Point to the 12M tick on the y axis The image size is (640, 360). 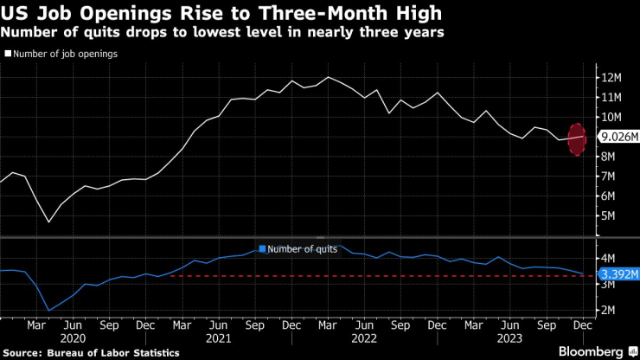point(611,78)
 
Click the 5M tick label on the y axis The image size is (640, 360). point(609,215)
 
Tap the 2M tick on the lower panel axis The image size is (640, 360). point(609,310)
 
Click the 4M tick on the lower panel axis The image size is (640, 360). point(609,258)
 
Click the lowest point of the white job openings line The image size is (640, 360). point(48,222)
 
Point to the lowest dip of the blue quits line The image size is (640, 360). point(48,310)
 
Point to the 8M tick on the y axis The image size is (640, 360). point(609,157)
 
